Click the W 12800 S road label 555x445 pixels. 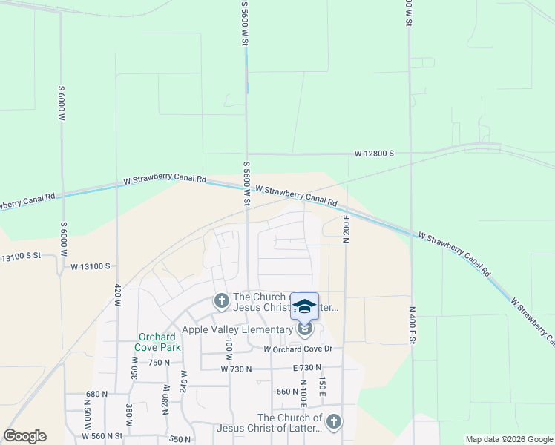[x=374, y=154]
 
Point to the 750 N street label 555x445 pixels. [x=160, y=363]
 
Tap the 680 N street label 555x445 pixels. [x=97, y=394]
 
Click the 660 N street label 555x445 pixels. [x=286, y=392]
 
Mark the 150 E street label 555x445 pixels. [x=323, y=387]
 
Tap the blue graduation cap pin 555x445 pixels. [x=304, y=306]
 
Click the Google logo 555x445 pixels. [x=24, y=437]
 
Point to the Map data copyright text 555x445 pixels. [x=508, y=439]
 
